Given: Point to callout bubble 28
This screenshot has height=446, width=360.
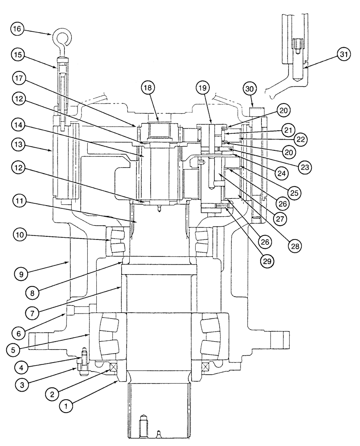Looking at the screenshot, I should [295, 245].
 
